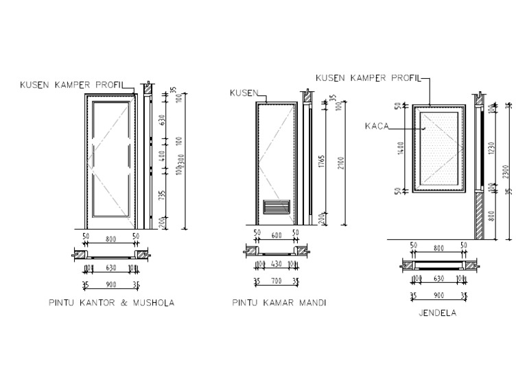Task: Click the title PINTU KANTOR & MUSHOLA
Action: (x=111, y=302)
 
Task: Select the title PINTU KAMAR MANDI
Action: (x=279, y=302)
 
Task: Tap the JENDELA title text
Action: (x=437, y=314)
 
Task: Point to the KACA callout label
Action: (x=378, y=126)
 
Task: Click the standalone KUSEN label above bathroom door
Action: (x=244, y=93)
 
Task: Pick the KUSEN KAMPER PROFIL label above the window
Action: (x=368, y=78)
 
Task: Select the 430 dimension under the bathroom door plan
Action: (x=277, y=264)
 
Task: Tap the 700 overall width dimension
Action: (x=277, y=281)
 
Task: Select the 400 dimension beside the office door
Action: (x=162, y=157)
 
